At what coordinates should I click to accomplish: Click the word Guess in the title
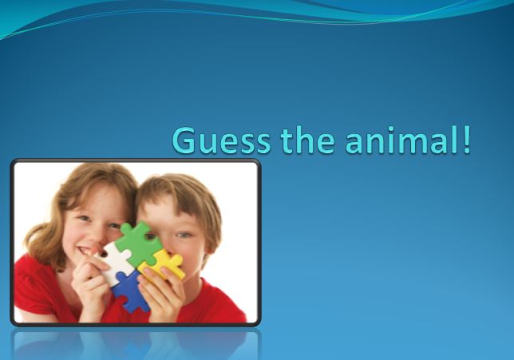(x=222, y=140)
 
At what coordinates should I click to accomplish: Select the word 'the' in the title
(x=308, y=140)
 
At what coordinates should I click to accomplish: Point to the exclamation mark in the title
(x=466, y=140)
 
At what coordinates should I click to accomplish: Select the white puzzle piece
(x=113, y=263)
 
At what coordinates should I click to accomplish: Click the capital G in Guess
(x=184, y=140)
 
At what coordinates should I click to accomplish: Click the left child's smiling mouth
(x=86, y=251)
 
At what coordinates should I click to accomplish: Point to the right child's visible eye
(x=184, y=235)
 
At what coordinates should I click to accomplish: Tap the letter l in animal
(x=453, y=140)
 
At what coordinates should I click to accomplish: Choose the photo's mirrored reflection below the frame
(x=136, y=344)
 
